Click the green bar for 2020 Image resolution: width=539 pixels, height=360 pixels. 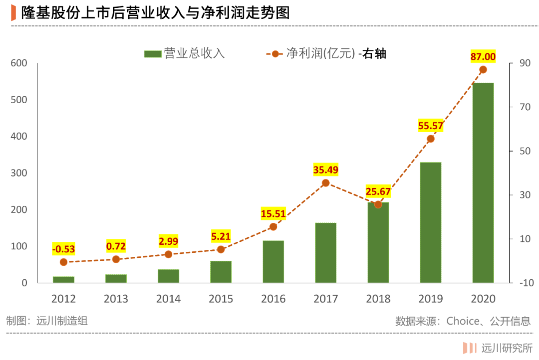click(x=483, y=183)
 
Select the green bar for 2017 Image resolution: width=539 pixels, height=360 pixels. click(x=325, y=253)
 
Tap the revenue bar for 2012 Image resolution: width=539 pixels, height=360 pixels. click(x=63, y=280)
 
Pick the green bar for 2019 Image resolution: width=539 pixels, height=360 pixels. click(x=430, y=222)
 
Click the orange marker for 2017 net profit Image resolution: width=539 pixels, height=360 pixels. click(x=325, y=183)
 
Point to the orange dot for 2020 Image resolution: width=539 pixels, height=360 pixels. click(x=483, y=70)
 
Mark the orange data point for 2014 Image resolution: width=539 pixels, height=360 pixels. click(x=169, y=254)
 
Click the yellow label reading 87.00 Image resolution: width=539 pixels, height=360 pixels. click(x=483, y=57)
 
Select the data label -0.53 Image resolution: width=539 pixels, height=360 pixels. click(x=63, y=249)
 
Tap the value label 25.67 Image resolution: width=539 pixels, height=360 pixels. click(x=378, y=191)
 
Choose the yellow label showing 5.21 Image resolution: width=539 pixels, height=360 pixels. click(x=221, y=236)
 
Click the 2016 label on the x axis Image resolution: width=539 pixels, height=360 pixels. click(x=273, y=299)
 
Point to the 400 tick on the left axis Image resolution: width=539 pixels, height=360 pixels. click(x=19, y=137)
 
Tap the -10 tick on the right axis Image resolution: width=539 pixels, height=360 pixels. click(x=527, y=283)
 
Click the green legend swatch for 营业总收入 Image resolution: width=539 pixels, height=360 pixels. click(x=153, y=54)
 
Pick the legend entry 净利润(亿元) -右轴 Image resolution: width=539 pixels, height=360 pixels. click(x=326, y=53)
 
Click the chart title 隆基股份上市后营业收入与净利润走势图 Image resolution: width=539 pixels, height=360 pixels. click(x=155, y=12)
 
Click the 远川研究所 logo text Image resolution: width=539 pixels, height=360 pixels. click(x=507, y=348)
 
